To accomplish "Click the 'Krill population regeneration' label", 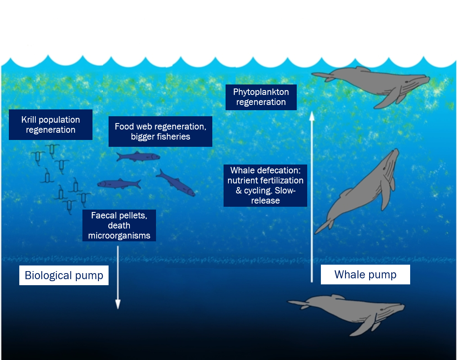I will point(51,125).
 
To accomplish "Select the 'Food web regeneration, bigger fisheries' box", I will point(160,132).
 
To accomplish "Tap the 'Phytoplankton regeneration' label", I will point(261,97).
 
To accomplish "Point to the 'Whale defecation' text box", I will point(265,185).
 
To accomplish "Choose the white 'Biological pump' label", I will point(64,276).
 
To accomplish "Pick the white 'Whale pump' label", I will point(365,275).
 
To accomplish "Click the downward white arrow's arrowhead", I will point(118,304).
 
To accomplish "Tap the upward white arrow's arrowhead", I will point(311,117).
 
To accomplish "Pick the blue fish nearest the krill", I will point(119,184).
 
